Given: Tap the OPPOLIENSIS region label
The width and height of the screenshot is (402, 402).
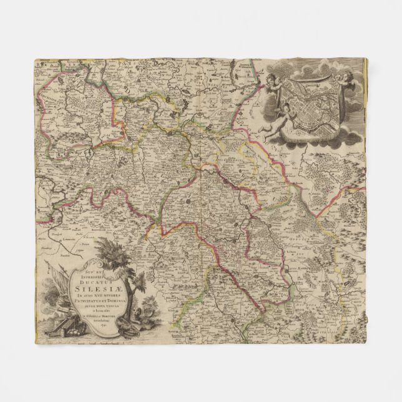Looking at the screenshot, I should click(303, 240).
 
